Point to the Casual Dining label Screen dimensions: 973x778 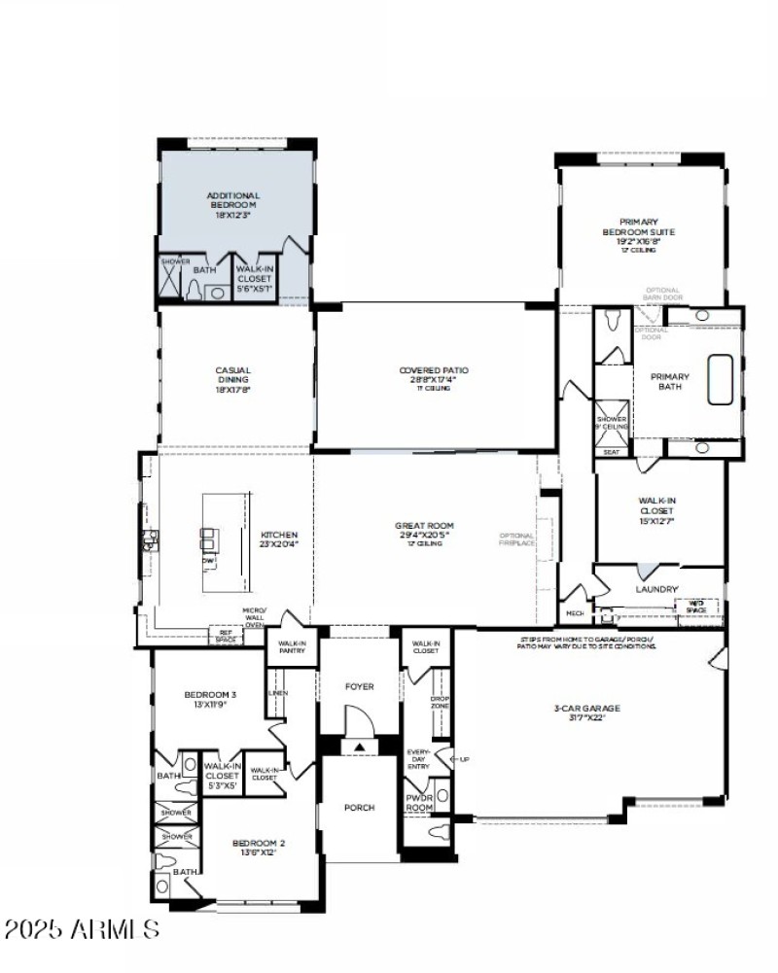point(233,374)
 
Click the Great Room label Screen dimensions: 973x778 point(424,531)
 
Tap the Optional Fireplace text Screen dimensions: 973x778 point(516,539)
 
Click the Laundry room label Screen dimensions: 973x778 point(656,589)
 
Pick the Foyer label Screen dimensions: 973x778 point(360,687)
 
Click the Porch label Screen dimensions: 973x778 point(360,808)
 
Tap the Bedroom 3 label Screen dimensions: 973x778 point(210,699)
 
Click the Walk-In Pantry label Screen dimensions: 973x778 point(292,646)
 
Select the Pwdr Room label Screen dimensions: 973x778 point(418,802)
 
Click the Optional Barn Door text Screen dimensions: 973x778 point(664,294)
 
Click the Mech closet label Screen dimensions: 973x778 point(575,613)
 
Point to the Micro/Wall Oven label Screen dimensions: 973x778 point(254,616)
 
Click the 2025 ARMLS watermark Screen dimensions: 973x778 point(82,929)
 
